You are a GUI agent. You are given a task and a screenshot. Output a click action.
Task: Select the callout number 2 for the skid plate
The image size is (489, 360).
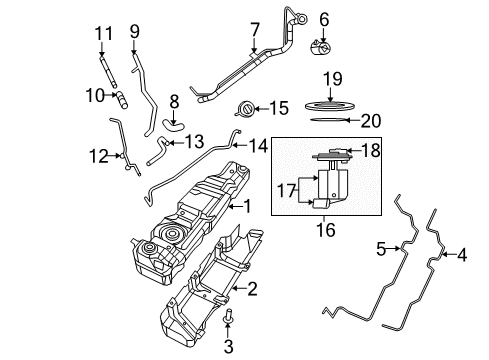pyautogui.click(x=251, y=291)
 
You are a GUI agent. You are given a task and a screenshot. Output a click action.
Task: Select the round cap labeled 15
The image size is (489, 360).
pyautogui.click(x=243, y=107)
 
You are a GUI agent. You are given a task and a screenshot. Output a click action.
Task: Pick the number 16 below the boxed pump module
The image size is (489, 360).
pyautogui.click(x=320, y=228)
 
